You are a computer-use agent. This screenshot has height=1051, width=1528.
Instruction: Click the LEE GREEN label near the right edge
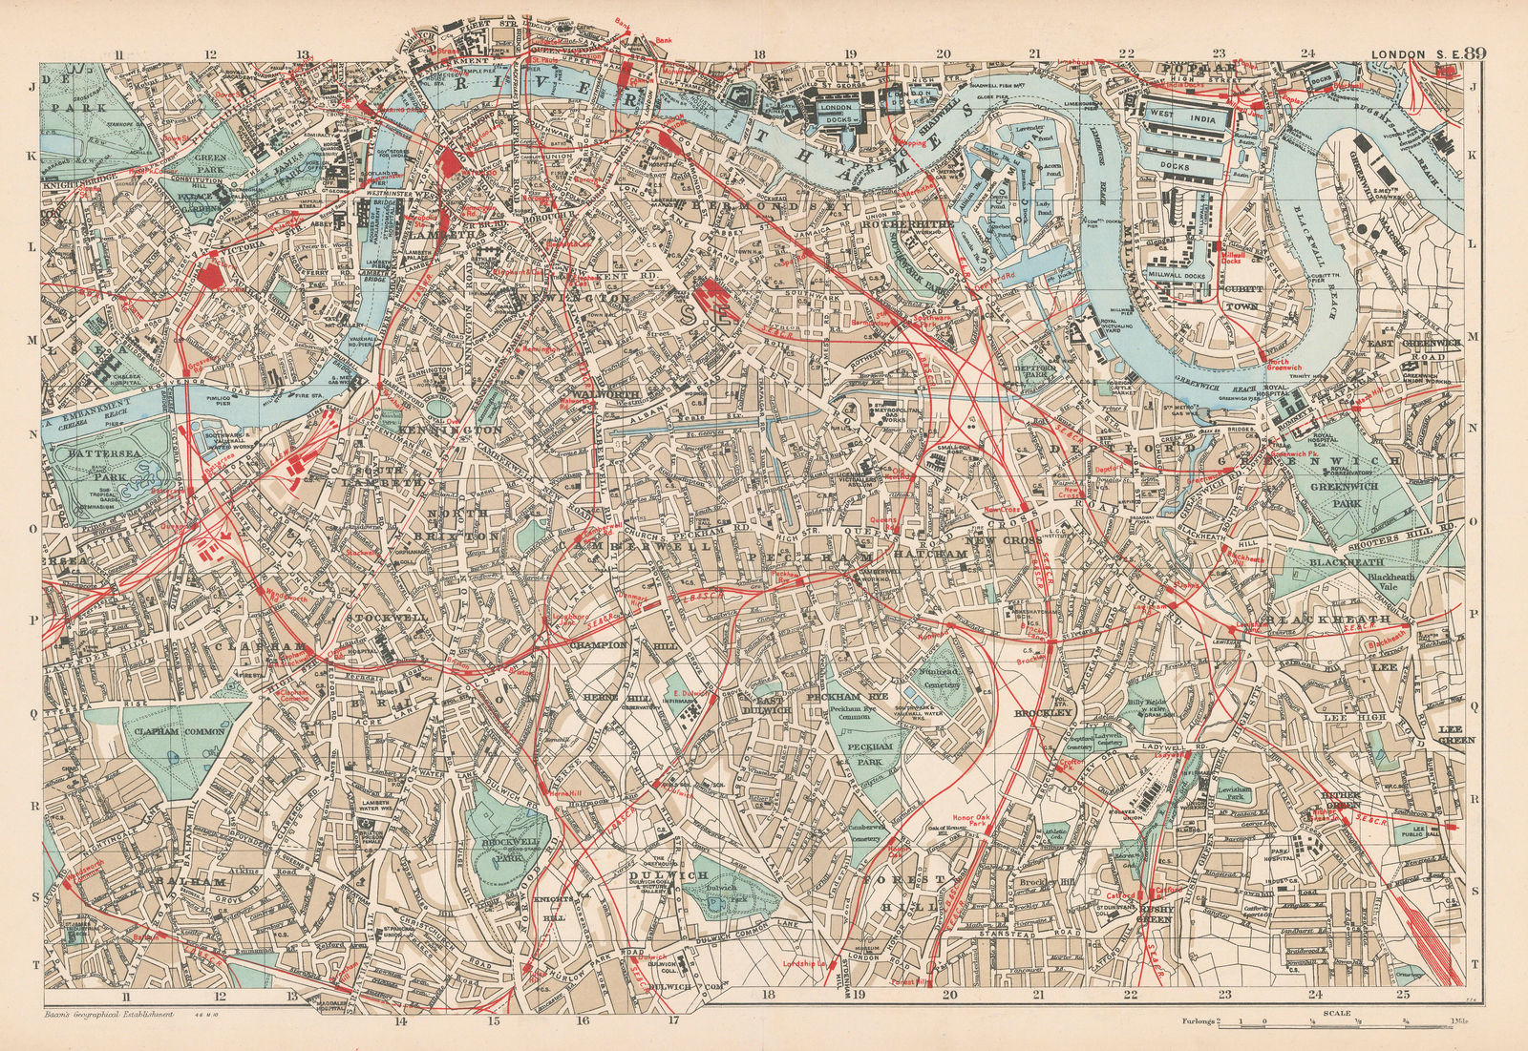click(x=1456, y=733)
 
